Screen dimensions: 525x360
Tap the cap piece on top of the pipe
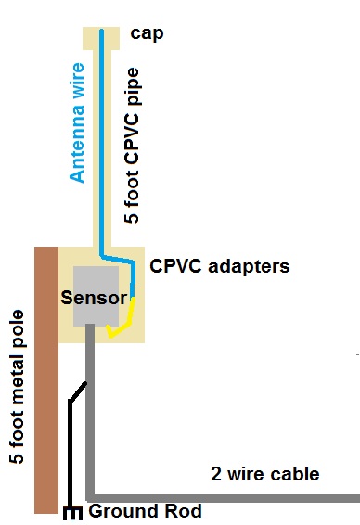click(x=101, y=38)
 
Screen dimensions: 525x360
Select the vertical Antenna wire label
click(x=78, y=121)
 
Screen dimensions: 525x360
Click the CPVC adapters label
click(x=220, y=266)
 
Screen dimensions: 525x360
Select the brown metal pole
click(x=46, y=380)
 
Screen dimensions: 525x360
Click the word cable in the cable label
click(x=295, y=474)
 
